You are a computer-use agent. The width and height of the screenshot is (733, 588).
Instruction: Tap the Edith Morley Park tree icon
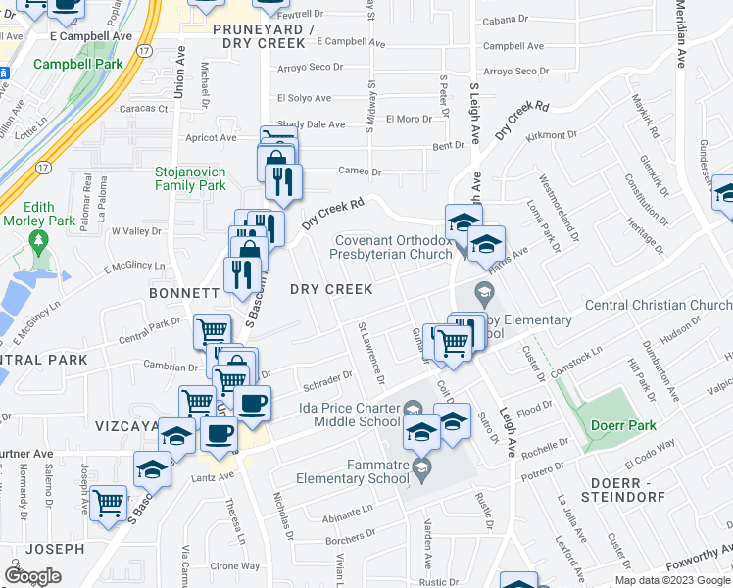39,240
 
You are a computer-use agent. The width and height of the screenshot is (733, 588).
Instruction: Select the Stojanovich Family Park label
190,178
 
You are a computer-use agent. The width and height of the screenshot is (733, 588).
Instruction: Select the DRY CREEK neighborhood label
331,289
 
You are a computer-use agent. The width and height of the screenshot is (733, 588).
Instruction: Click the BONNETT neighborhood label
183,293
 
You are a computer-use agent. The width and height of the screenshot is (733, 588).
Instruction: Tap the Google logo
33,576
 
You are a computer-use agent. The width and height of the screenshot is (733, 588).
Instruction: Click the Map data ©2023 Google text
671,580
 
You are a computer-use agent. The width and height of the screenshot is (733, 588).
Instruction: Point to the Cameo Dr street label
359,171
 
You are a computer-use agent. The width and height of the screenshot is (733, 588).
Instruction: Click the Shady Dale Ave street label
312,124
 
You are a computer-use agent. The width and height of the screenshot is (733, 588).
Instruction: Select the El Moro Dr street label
409,119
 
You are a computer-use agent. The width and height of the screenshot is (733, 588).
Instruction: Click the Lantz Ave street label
214,476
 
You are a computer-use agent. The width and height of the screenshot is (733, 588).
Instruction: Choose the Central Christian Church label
659,305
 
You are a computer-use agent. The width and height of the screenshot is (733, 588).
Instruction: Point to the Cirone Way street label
236,565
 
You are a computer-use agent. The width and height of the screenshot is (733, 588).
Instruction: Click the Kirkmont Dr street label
551,135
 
